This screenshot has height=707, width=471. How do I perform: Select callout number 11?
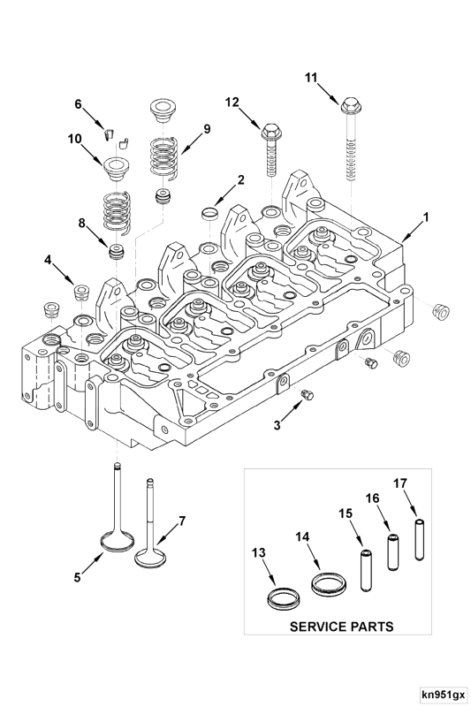point(311,78)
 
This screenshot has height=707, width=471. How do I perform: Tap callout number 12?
point(232,103)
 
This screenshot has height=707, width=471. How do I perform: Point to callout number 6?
point(78,104)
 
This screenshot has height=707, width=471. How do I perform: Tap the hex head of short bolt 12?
point(270,134)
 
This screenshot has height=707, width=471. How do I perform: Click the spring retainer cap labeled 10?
point(115,167)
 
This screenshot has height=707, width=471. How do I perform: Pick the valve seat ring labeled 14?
point(328,584)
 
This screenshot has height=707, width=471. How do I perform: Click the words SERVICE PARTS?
point(342,627)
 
